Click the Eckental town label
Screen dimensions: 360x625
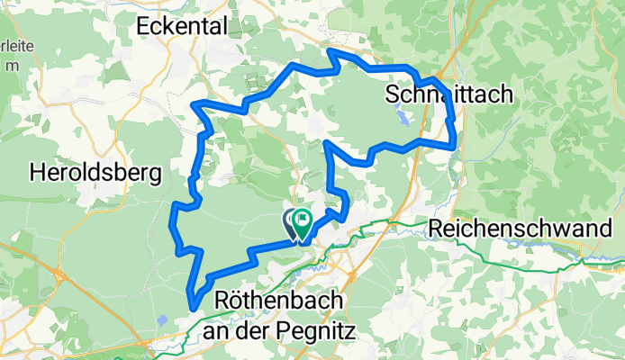pos(181,27)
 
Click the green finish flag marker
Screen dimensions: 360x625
pos(303,220)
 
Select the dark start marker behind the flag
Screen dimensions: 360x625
pos(292,220)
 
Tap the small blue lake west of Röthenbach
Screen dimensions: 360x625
pos(160,319)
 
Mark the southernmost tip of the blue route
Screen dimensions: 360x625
pos(192,309)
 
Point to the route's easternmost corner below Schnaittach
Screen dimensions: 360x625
pos(455,142)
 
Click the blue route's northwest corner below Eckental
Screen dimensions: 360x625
pos(195,105)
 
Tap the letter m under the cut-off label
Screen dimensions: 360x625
pos(10,66)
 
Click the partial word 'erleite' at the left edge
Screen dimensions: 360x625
pos(14,47)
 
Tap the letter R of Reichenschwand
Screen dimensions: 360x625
pos(437,229)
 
